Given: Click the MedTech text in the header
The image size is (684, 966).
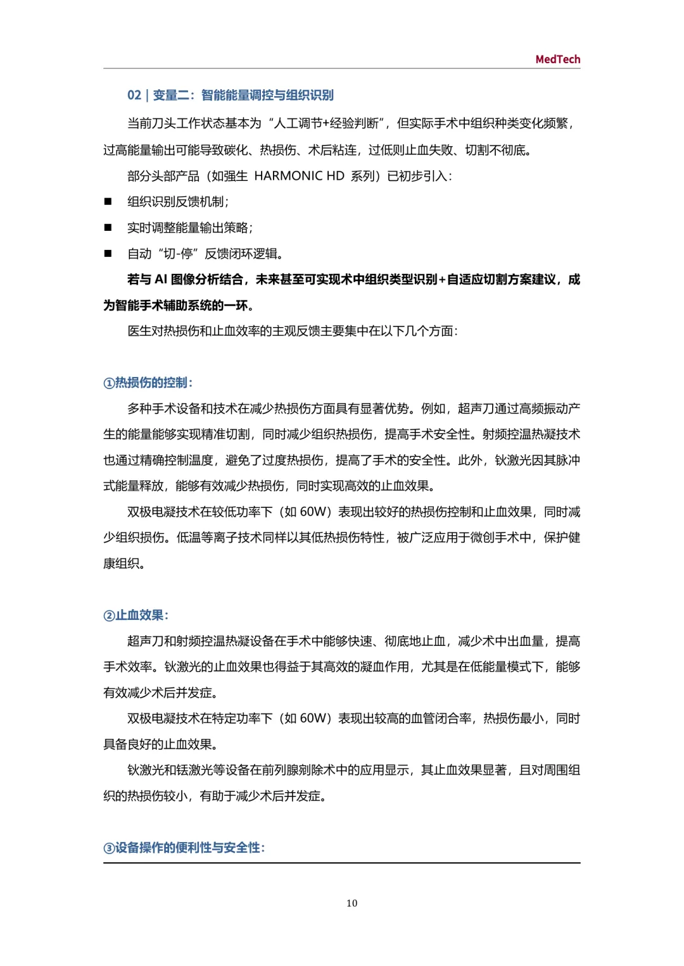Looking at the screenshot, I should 557,59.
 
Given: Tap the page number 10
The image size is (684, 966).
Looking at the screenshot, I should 351,903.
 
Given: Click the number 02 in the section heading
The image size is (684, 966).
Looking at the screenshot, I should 134,96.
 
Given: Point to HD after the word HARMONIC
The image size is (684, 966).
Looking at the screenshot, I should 335,176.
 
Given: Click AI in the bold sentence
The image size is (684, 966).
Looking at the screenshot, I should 161,280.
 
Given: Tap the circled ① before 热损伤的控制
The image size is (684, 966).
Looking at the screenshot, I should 109,383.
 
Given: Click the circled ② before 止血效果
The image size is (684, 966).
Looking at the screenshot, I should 109,616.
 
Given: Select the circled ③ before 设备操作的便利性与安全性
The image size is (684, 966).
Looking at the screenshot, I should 109,848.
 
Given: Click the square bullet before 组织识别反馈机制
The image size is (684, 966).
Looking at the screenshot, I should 108,202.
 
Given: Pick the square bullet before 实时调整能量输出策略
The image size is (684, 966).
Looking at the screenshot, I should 108,228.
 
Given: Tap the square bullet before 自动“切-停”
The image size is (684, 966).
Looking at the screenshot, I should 108,254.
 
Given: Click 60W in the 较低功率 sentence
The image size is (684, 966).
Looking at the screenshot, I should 313,512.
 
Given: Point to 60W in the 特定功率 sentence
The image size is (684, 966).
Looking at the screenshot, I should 313,719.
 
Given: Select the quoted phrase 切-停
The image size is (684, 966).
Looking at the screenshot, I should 178,254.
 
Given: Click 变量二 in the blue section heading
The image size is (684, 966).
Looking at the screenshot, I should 170,96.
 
